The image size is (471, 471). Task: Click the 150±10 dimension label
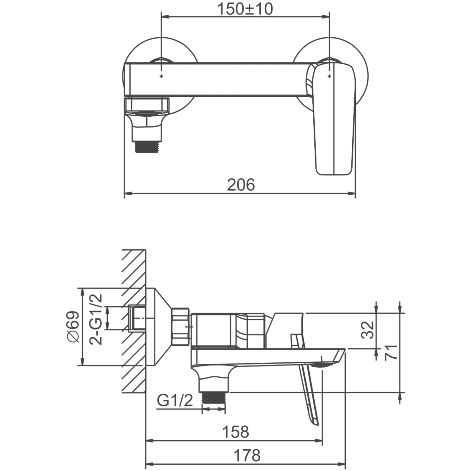click(245, 9)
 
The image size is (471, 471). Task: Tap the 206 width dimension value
click(241, 185)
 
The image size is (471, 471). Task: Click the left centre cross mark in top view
click(161, 76)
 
